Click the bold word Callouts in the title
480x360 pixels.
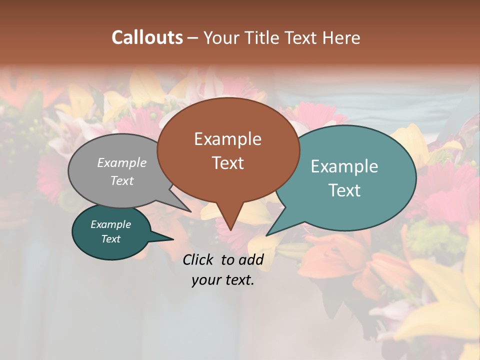(x=147, y=37)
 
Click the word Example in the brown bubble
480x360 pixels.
(x=227, y=139)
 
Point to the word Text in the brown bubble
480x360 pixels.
(x=227, y=163)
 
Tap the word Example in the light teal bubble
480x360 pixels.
(x=344, y=166)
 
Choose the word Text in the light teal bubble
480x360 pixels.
(x=344, y=190)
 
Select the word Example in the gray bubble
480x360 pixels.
(x=122, y=162)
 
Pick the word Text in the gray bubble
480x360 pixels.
(x=122, y=180)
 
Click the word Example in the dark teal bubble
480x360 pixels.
(x=110, y=224)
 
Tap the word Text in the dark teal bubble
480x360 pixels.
(x=110, y=239)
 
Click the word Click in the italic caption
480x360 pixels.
(x=198, y=259)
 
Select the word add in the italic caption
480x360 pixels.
(x=250, y=259)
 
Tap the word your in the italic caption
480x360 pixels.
(x=205, y=280)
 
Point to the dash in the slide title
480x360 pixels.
(x=193, y=38)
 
